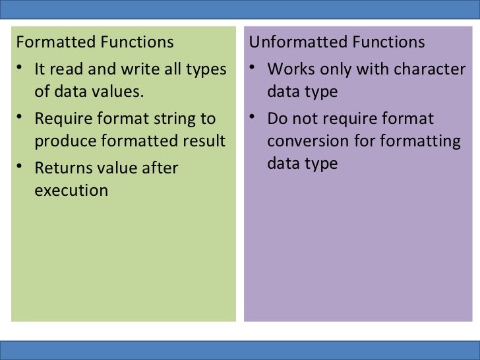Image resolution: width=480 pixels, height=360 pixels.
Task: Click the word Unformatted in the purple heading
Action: [290, 43]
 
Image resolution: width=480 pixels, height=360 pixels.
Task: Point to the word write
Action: [135, 69]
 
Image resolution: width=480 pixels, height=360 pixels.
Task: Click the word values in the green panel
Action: [121, 92]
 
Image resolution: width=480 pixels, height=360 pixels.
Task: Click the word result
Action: [204, 141]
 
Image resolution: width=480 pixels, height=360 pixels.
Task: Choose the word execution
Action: [71, 191]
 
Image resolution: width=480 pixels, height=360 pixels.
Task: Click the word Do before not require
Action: [277, 119]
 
